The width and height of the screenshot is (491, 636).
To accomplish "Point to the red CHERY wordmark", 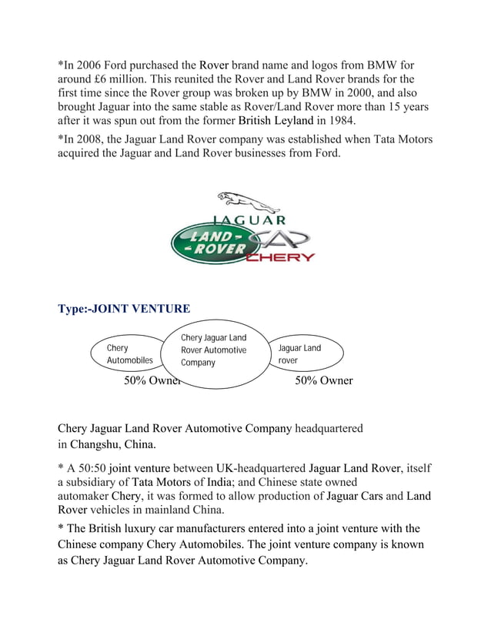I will [280, 258].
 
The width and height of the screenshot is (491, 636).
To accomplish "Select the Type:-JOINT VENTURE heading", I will [124, 310].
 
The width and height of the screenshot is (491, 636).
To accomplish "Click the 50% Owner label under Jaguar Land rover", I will [324, 380].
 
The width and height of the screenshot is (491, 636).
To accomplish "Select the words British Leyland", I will [276, 121].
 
